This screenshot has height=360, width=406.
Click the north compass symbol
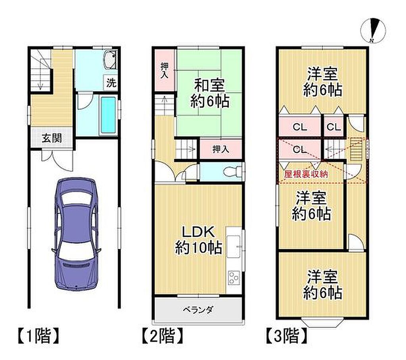tap(373, 31)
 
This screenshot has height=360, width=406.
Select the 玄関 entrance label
tap(52, 138)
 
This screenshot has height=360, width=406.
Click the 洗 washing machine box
tap(111, 83)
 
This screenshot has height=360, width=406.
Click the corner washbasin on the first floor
tap(111, 59)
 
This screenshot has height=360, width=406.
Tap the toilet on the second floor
tap(231, 172)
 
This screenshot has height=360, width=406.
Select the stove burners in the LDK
tap(234, 277)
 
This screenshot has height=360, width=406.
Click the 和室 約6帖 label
tap(210, 93)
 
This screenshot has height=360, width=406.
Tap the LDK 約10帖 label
tap(198, 240)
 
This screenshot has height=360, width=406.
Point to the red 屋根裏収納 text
tap(306, 174)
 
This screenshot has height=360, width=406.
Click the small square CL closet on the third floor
tap(333, 126)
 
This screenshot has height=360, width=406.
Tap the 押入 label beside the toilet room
tap(220, 149)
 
